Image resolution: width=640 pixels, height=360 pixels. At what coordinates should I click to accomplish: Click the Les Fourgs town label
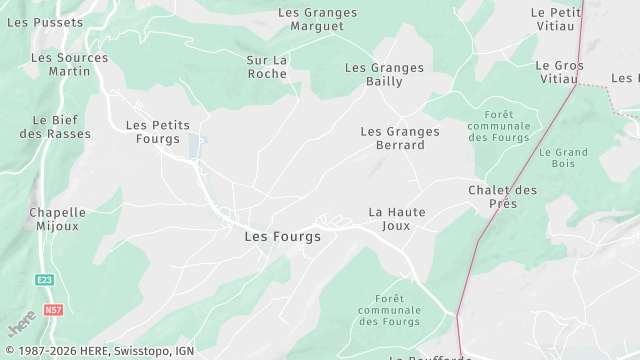click(283, 237)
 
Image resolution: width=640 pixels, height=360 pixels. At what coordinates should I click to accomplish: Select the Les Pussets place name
click(45, 21)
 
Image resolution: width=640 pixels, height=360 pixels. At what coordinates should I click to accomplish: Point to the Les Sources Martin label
click(68, 66)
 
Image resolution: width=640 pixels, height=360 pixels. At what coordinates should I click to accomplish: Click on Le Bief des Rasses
click(55, 127)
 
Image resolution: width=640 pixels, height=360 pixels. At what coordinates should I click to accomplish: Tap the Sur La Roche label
click(267, 67)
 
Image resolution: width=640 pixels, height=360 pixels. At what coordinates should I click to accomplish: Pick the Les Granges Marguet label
click(317, 19)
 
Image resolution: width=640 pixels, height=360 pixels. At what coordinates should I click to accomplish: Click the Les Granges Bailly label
click(384, 75)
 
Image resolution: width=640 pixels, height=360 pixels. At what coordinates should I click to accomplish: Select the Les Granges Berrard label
click(400, 138)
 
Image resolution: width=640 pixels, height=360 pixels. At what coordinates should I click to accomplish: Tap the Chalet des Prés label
click(503, 197)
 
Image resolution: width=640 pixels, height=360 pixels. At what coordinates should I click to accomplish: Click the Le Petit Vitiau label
click(556, 19)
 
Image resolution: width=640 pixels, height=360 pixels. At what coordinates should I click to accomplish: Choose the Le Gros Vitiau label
click(559, 72)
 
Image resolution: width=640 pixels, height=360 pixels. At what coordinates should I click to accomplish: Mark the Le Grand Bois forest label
click(563, 159)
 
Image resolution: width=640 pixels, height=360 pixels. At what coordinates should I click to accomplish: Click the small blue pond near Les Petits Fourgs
click(196, 146)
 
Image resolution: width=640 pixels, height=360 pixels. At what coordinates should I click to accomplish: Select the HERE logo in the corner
click(21, 325)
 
